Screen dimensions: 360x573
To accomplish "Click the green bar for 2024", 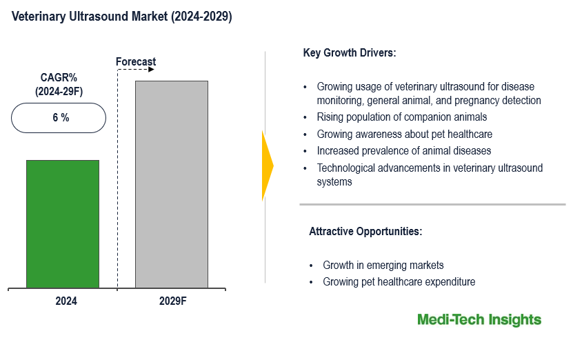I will coord(63,223).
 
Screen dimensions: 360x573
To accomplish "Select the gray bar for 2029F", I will coord(171,184).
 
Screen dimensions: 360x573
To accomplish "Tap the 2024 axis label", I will coord(66,301).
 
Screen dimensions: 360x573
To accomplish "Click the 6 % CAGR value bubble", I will coord(59,118).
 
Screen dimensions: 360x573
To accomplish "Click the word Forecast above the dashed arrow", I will coord(136,62).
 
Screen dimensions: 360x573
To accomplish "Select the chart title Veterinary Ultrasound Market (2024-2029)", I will coord(122,17).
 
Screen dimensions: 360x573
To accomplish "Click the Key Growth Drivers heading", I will coord(350,53).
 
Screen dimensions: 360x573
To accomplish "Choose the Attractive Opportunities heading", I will coord(365,232).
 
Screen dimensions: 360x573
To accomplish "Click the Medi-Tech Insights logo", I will coord(479,320).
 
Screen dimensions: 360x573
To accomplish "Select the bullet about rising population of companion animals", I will coord(402,117).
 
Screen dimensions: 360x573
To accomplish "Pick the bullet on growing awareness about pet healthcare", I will coord(404,134).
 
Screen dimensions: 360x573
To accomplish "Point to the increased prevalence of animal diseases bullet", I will coord(404,150).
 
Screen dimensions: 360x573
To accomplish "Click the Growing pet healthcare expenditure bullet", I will coord(399,282).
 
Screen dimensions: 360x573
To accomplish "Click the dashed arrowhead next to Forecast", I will coord(152,70).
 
